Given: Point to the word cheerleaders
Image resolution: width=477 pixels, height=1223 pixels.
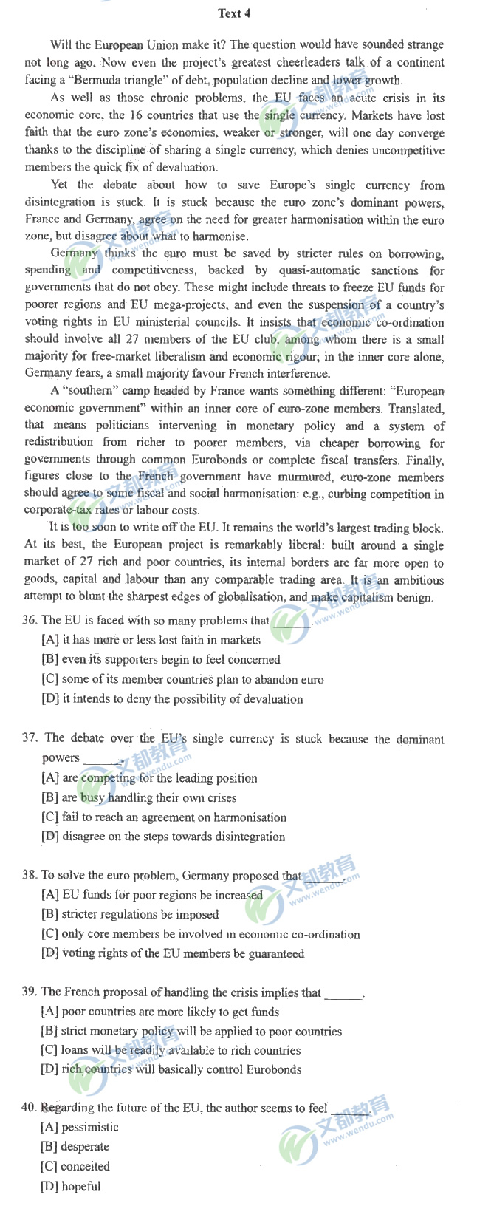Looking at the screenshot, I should (310, 63).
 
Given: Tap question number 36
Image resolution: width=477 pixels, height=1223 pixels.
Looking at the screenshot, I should (30, 621).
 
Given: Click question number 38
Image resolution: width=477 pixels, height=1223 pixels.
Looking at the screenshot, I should (30, 876).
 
